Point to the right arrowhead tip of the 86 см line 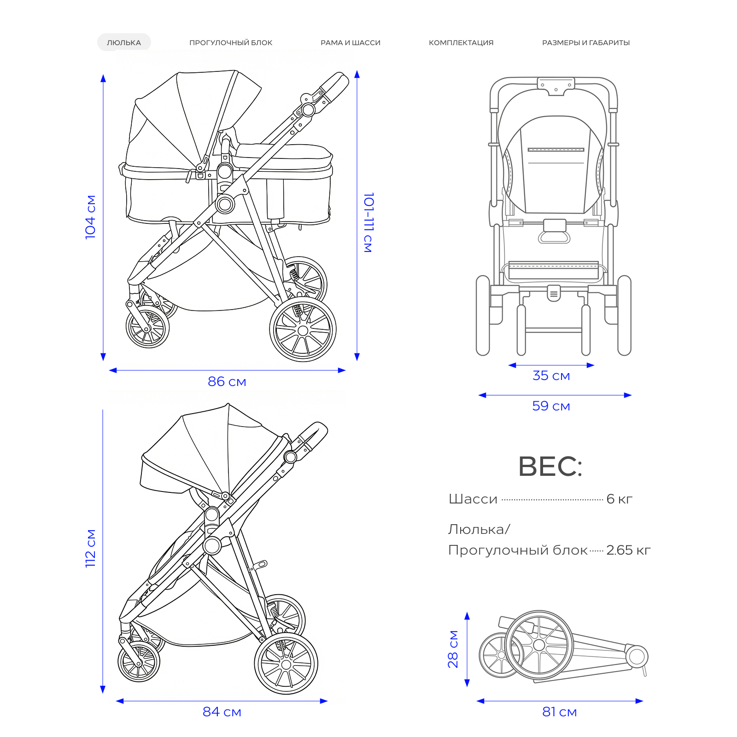tap(345, 370)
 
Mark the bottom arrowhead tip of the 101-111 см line tap(357, 361)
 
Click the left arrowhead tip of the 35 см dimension tap(508, 365)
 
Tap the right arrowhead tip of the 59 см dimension tap(632, 395)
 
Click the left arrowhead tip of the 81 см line tap(477, 701)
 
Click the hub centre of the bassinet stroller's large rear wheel tap(303, 330)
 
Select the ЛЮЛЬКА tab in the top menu tap(124, 42)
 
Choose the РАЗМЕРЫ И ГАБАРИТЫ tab tap(586, 42)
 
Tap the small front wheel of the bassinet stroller tap(147, 327)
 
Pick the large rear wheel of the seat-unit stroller tap(286, 664)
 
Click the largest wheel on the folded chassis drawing tap(539, 644)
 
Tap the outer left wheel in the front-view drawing tap(483, 316)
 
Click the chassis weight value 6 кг tap(620, 499)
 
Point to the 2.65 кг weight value tap(628, 550)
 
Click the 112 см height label tap(90, 548)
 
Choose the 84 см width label tap(222, 712)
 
